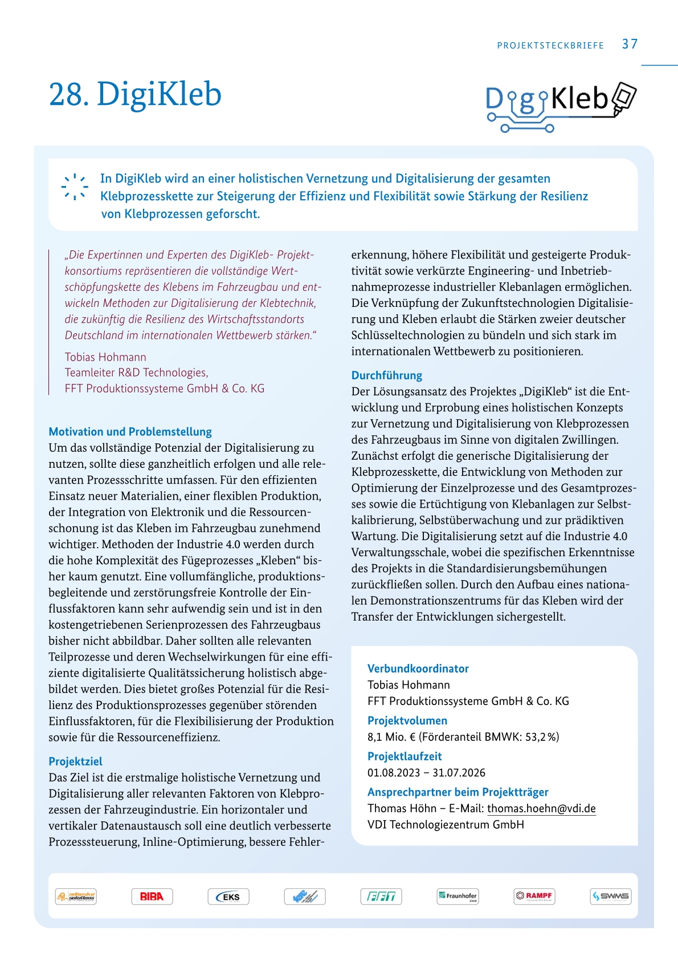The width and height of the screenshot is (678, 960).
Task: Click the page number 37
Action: (x=630, y=44)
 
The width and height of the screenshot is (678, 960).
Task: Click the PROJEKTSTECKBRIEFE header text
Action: (x=550, y=46)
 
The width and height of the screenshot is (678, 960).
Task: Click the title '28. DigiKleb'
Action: (x=135, y=94)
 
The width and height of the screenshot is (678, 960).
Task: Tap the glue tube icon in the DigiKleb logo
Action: (x=624, y=98)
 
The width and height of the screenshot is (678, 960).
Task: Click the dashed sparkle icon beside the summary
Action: (x=75, y=186)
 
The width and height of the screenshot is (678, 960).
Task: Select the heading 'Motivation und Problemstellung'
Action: (x=130, y=432)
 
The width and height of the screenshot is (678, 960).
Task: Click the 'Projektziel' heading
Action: (x=75, y=761)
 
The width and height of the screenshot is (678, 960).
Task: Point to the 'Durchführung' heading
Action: (x=387, y=375)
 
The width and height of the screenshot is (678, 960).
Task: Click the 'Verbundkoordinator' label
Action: (x=418, y=669)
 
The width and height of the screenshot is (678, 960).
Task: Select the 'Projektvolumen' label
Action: (x=407, y=720)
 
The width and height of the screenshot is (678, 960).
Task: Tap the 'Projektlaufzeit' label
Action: (x=405, y=756)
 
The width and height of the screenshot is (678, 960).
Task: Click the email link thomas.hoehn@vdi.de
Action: (x=541, y=808)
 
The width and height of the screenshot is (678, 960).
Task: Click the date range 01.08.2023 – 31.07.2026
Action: (x=426, y=773)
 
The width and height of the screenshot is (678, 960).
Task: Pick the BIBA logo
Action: (x=152, y=896)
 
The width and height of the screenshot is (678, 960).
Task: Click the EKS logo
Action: (x=228, y=897)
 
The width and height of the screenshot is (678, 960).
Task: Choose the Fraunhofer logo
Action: (x=458, y=896)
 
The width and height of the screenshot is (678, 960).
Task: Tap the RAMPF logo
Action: (x=534, y=896)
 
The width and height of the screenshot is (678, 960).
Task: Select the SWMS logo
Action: (x=611, y=896)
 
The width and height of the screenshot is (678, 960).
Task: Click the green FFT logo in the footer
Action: (x=381, y=897)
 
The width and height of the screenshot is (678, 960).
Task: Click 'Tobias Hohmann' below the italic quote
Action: (x=105, y=357)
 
